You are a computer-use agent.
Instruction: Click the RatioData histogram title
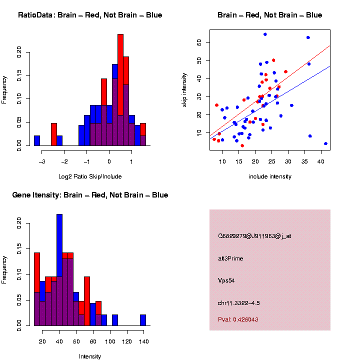[90, 15]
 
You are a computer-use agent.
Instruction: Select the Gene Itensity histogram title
[90, 195]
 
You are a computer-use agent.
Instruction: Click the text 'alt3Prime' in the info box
[230, 258]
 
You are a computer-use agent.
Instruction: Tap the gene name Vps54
[226, 280]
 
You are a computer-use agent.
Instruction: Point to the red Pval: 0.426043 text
[238, 319]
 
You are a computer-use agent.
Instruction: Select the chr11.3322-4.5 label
[238, 303]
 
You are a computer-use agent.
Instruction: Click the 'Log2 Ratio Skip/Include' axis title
[89, 176]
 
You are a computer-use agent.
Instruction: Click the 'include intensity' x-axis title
[270, 176]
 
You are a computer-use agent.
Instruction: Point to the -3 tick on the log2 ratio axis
[42, 161]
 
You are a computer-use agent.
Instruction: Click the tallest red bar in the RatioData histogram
[120, 75]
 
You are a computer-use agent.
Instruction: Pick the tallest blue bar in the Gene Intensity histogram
[59, 250]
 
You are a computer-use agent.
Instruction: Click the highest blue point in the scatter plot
[265, 34]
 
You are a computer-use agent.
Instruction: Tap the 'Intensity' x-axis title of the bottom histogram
[90, 356]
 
